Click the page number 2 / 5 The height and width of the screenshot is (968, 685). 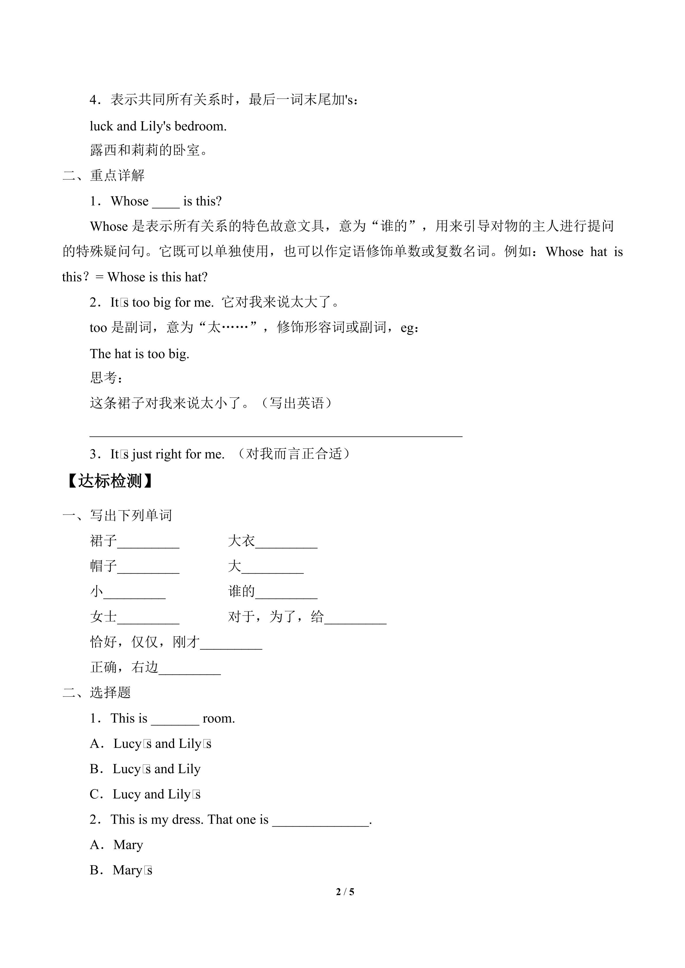click(345, 892)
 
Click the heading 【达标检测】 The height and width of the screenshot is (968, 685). click(109, 481)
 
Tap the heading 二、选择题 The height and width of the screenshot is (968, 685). click(97, 692)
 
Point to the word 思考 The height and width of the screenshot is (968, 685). click(103, 378)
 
